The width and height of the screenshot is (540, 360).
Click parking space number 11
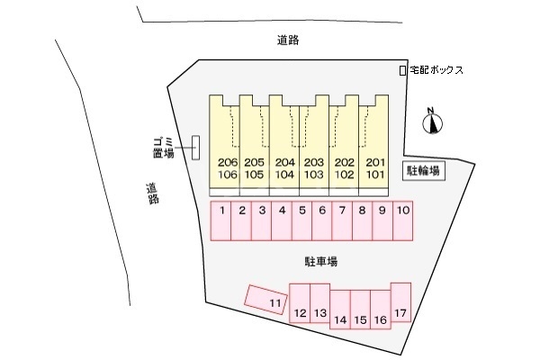click(265, 300)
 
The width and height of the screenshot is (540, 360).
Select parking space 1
click(220, 220)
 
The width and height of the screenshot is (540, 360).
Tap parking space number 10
click(403, 220)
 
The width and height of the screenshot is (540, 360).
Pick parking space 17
click(400, 302)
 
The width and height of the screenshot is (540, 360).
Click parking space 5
click(302, 220)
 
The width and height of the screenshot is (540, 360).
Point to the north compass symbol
click(432, 122)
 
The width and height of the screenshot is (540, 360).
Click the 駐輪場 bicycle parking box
click(424, 171)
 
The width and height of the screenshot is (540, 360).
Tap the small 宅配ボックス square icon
click(402, 70)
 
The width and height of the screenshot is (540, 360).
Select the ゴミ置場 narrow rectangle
click(195, 148)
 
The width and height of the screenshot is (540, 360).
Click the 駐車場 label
click(321, 262)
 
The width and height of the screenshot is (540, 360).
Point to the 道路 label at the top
click(288, 40)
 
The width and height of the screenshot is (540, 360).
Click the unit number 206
click(228, 162)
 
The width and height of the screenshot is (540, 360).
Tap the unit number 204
click(284, 162)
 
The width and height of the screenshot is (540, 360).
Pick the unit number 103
click(314, 175)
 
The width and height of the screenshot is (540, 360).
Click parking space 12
click(300, 303)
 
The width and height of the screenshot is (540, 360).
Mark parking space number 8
click(363, 220)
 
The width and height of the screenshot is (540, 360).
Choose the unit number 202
click(345, 162)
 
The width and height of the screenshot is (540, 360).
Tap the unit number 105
click(254, 175)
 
